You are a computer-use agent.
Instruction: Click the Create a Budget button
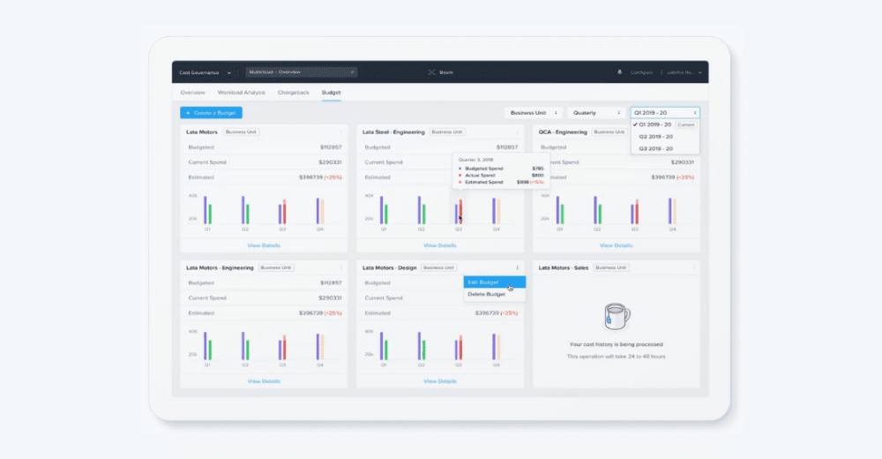[211, 113]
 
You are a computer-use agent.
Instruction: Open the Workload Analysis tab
[242, 93]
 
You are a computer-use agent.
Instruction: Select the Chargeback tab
[294, 93]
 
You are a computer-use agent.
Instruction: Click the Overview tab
[192, 93]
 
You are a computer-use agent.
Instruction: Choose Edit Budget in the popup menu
[483, 282]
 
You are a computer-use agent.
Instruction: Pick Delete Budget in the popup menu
[486, 294]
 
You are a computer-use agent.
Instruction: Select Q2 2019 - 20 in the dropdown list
[655, 137]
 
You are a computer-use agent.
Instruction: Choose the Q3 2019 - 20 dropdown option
[655, 148]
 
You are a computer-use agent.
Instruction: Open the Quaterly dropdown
[595, 113]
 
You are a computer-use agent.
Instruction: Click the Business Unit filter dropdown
[534, 113]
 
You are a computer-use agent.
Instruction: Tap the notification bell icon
[619, 72]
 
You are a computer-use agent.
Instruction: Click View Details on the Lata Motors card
[264, 245]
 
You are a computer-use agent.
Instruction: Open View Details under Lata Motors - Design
[440, 381]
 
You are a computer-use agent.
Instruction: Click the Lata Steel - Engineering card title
[393, 132]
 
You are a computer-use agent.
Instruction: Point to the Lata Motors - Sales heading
[563, 267]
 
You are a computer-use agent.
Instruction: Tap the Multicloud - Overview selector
[301, 72]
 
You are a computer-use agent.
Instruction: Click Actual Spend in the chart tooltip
[482, 175]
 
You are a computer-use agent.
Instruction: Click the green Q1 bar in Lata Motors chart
[210, 214]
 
